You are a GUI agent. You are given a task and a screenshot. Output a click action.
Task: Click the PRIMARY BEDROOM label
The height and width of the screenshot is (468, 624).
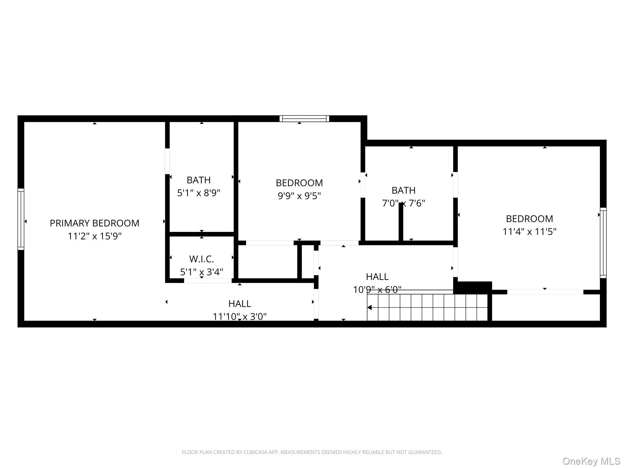pos(94,223)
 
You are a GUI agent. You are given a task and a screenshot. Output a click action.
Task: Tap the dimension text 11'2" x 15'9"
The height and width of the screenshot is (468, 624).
pos(94,236)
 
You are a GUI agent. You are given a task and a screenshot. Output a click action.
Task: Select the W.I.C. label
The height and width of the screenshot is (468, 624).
pos(201,259)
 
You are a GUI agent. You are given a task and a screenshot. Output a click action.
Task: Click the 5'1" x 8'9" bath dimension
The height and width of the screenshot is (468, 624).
pos(199,193)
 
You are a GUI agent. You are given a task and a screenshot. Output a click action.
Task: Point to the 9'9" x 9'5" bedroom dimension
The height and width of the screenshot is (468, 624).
pos(299,196)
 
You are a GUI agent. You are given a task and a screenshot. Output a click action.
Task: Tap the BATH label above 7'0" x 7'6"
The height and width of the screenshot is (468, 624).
pos(403,190)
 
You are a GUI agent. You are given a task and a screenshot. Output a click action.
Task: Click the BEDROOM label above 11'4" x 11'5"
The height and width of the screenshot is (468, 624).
pos(529,219)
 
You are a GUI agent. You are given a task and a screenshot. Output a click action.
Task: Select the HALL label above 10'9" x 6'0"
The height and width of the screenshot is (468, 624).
pos(377,277)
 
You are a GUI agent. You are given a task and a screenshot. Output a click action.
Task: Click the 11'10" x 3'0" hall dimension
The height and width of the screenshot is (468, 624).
pos(239,317)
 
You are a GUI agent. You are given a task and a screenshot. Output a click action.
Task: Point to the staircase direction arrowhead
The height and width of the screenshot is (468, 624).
pos(370,308)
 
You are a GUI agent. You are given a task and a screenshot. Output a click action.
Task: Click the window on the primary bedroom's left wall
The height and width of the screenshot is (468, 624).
pos(21,219)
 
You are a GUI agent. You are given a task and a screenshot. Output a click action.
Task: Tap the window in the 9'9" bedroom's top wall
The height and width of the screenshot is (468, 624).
pos(304,119)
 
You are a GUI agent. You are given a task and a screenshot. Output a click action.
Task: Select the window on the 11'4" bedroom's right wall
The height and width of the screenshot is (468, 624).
pos(603,243)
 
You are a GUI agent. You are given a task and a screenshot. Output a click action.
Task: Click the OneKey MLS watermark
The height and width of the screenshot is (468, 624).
pos(591,461)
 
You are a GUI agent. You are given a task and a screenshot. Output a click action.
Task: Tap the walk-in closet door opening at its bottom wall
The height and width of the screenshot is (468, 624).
pos(208,281)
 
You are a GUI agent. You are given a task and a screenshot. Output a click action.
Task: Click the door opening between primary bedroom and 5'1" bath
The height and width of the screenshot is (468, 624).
pos(167,161)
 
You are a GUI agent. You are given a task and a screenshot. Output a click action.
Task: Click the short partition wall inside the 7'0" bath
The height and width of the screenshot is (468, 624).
pos(401,222)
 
